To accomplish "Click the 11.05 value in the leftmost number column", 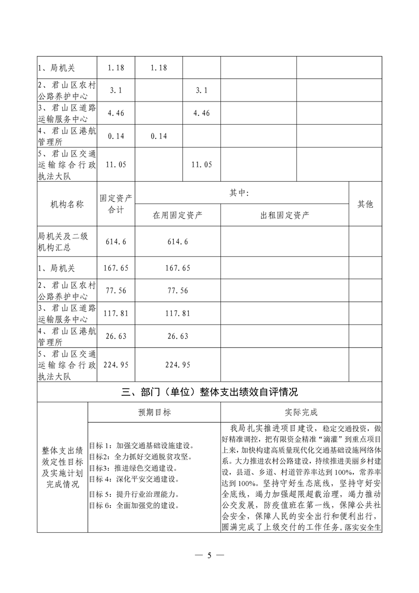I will (x=116, y=165).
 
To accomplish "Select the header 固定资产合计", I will (x=116, y=204).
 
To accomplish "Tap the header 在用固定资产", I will (x=178, y=215).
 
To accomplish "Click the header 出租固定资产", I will (x=285, y=215).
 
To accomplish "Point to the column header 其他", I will (x=365, y=204).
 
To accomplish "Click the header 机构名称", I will (x=67, y=204).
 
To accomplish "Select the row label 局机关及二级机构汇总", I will (x=67, y=242).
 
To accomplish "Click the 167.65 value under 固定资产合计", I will (x=116, y=268).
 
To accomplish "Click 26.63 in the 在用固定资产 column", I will (x=178, y=336).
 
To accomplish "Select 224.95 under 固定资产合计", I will (x=116, y=364).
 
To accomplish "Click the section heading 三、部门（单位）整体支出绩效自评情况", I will (x=209, y=392).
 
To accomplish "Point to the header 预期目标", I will (x=154, y=412).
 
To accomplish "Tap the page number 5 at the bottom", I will (x=209, y=555).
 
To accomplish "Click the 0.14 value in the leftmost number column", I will (x=116, y=136).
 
